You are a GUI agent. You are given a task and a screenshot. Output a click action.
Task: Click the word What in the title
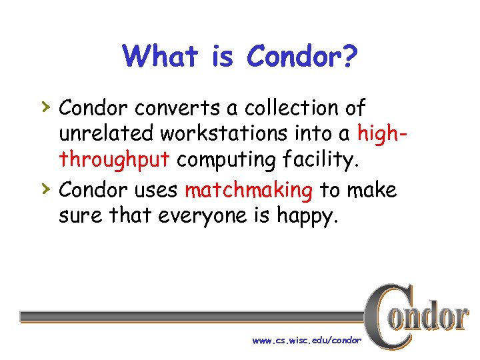(160, 57)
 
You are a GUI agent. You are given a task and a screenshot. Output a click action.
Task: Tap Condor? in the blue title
(303, 57)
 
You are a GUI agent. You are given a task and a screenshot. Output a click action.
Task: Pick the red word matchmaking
(249, 191)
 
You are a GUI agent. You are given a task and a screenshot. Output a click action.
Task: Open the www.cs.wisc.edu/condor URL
(307, 340)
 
